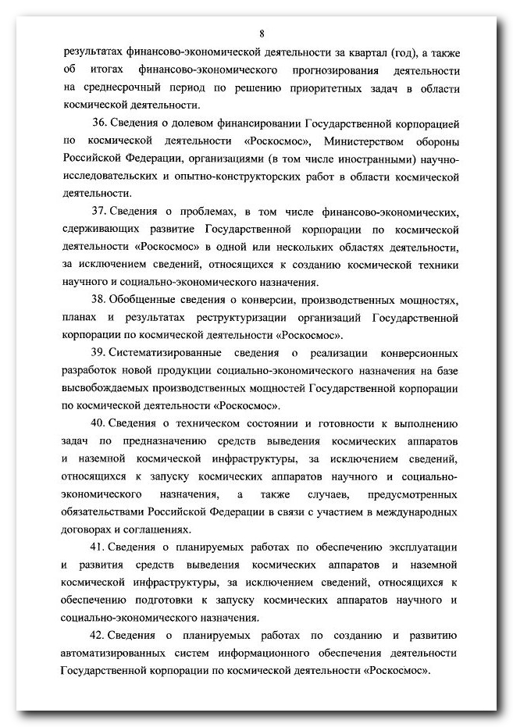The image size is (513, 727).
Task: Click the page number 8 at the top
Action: pyautogui.click(x=262, y=33)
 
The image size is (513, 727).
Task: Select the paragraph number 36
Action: pyautogui.click(x=99, y=123)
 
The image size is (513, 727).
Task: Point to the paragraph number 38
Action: pyautogui.click(x=99, y=300)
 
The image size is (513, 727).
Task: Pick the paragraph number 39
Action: pyautogui.click(x=99, y=353)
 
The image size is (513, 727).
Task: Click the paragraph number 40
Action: pyautogui.click(x=99, y=423)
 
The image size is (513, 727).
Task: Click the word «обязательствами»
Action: pyautogui.click(x=104, y=511)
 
